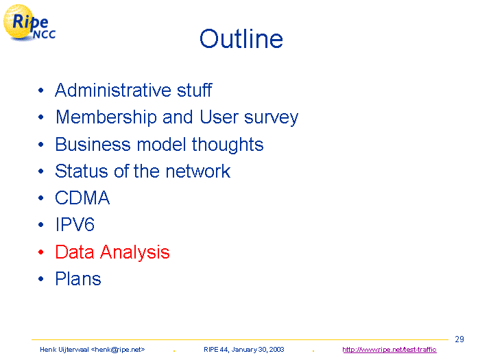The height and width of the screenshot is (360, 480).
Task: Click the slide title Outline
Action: (241, 39)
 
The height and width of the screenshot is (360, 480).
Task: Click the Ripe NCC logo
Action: (29, 23)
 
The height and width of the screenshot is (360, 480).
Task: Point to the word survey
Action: (271, 119)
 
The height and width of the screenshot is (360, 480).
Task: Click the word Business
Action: (93, 144)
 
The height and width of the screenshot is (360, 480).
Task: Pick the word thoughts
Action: (228, 145)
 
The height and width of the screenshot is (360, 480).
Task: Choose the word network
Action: (197, 171)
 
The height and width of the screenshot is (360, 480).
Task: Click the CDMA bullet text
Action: (82, 197)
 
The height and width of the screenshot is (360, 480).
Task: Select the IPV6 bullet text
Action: (75, 224)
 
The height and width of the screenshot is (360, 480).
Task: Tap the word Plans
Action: (78, 278)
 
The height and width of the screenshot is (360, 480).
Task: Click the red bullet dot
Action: (41, 252)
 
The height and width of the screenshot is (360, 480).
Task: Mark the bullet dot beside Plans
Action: (41, 278)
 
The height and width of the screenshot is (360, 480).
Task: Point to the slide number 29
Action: (459, 339)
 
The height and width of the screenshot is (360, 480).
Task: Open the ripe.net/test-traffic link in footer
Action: (389, 350)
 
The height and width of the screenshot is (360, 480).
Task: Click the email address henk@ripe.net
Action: (118, 350)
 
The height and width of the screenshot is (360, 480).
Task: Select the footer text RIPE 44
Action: (216, 350)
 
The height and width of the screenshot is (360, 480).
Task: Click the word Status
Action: (82, 171)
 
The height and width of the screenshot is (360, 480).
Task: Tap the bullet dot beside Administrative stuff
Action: (41, 91)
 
